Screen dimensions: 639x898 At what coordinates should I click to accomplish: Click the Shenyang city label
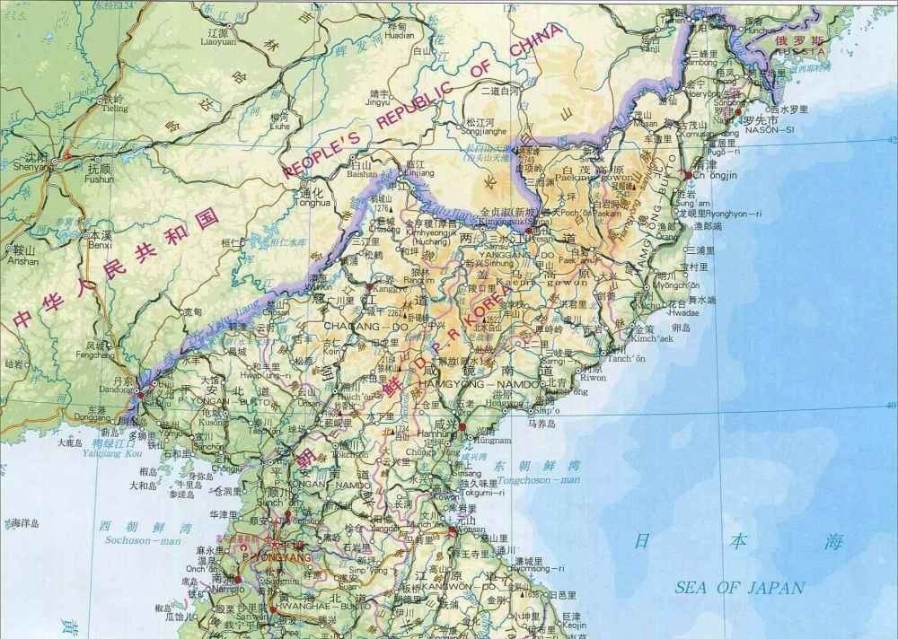click(30, 175)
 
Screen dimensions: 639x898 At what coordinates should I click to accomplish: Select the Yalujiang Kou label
click(106, 454)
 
